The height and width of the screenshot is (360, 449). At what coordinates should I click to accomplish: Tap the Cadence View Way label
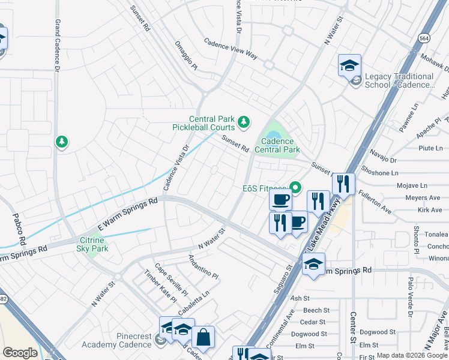pos(231,49)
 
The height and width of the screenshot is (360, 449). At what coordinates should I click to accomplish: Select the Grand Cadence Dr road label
pos(58,44)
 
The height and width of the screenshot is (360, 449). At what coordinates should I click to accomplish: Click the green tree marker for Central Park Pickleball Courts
pos(243,122)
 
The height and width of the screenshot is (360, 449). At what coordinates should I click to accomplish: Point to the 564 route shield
pos(424,37)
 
